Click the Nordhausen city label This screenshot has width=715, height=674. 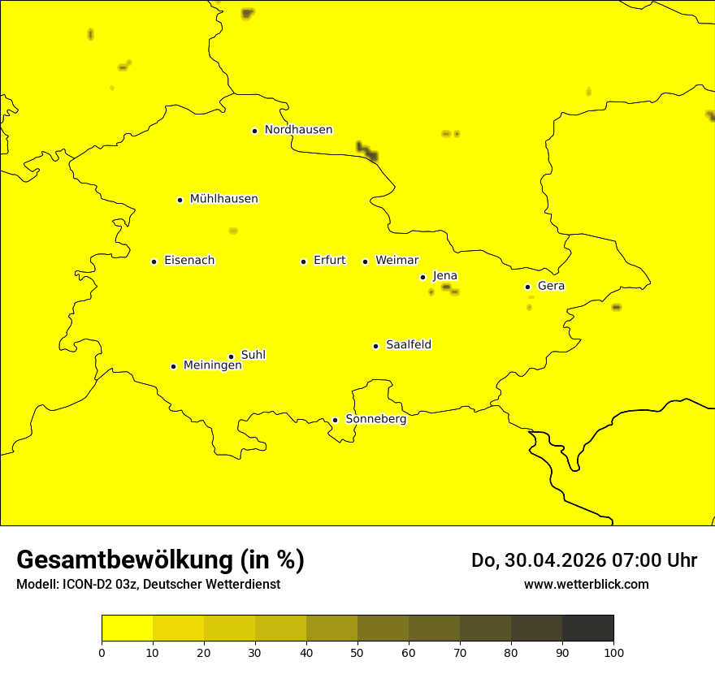(298, 130)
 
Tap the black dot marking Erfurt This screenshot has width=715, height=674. (303, 261)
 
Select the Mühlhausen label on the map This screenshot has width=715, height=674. (223, 199)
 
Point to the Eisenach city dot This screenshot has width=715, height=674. (154, 261)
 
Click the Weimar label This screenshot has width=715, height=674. (396, 261)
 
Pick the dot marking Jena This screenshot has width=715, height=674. (422, 277)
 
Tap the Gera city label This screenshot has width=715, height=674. (551, 286)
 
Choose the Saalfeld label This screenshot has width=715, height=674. (409, 345)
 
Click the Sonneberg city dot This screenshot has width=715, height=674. (335, 420)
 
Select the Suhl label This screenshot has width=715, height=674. (253, 355)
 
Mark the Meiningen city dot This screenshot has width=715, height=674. (173, 366)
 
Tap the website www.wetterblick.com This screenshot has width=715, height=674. (586, 584)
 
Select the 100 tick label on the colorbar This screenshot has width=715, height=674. (613, 652)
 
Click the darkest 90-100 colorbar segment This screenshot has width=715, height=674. (587, 628)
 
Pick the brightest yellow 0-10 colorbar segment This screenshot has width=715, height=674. (127, 628)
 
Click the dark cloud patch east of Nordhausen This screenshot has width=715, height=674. (367, 151)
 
